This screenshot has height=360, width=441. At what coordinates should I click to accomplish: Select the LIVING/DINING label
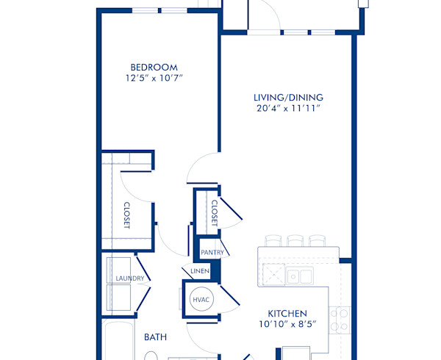tap(288, 97)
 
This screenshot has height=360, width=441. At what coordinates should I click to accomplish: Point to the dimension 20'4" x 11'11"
tap(288, 108)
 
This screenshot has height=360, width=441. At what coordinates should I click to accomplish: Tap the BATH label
tap(155, 337)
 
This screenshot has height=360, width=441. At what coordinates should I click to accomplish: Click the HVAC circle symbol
tap(201, 300)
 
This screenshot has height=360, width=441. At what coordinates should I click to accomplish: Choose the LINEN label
tap(201, 272)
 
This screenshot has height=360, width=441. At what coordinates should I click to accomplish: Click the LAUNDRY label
tap(129, 278)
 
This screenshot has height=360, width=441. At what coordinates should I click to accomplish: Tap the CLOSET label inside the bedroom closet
tap(126, 215)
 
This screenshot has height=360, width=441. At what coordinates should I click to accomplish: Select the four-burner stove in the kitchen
tap(339, 319)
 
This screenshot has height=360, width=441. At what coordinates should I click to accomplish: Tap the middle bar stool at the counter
tap(295, 240)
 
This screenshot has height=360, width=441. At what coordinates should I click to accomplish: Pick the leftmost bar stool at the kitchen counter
tap(273, 240)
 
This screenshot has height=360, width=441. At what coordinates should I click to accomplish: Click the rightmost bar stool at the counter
tap(317, 240)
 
